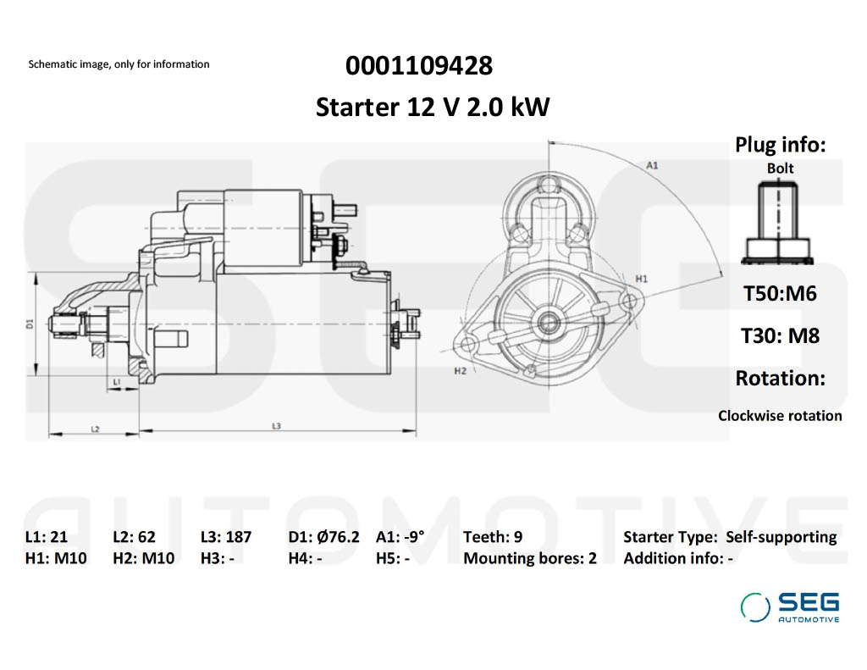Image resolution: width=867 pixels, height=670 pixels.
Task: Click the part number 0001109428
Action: coord(418,65)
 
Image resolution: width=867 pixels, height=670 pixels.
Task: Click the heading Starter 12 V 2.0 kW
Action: coord(433,108)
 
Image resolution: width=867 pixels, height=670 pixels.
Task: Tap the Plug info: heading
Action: coord(780,145)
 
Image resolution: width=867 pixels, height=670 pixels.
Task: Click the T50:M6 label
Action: coord(780,294)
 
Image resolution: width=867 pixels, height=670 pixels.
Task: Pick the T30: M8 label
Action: coord(780,335)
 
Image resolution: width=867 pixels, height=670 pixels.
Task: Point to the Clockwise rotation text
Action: coord(780,416)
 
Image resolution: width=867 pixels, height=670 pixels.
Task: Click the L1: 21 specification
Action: coord(47,537)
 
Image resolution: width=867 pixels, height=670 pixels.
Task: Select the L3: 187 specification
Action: coord(226,537)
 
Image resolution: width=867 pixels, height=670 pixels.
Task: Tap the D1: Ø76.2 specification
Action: coord(323,537)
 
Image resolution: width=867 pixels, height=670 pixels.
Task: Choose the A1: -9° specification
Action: coord(400,537)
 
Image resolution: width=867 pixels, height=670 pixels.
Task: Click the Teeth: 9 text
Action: coord(493,537)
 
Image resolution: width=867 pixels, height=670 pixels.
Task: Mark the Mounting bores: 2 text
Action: coord(529,558)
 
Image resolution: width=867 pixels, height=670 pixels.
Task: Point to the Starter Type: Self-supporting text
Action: coord(729,537)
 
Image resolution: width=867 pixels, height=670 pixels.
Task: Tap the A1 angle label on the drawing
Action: coord(652,165)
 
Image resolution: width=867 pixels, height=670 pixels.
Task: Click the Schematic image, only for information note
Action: coord(119,64)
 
